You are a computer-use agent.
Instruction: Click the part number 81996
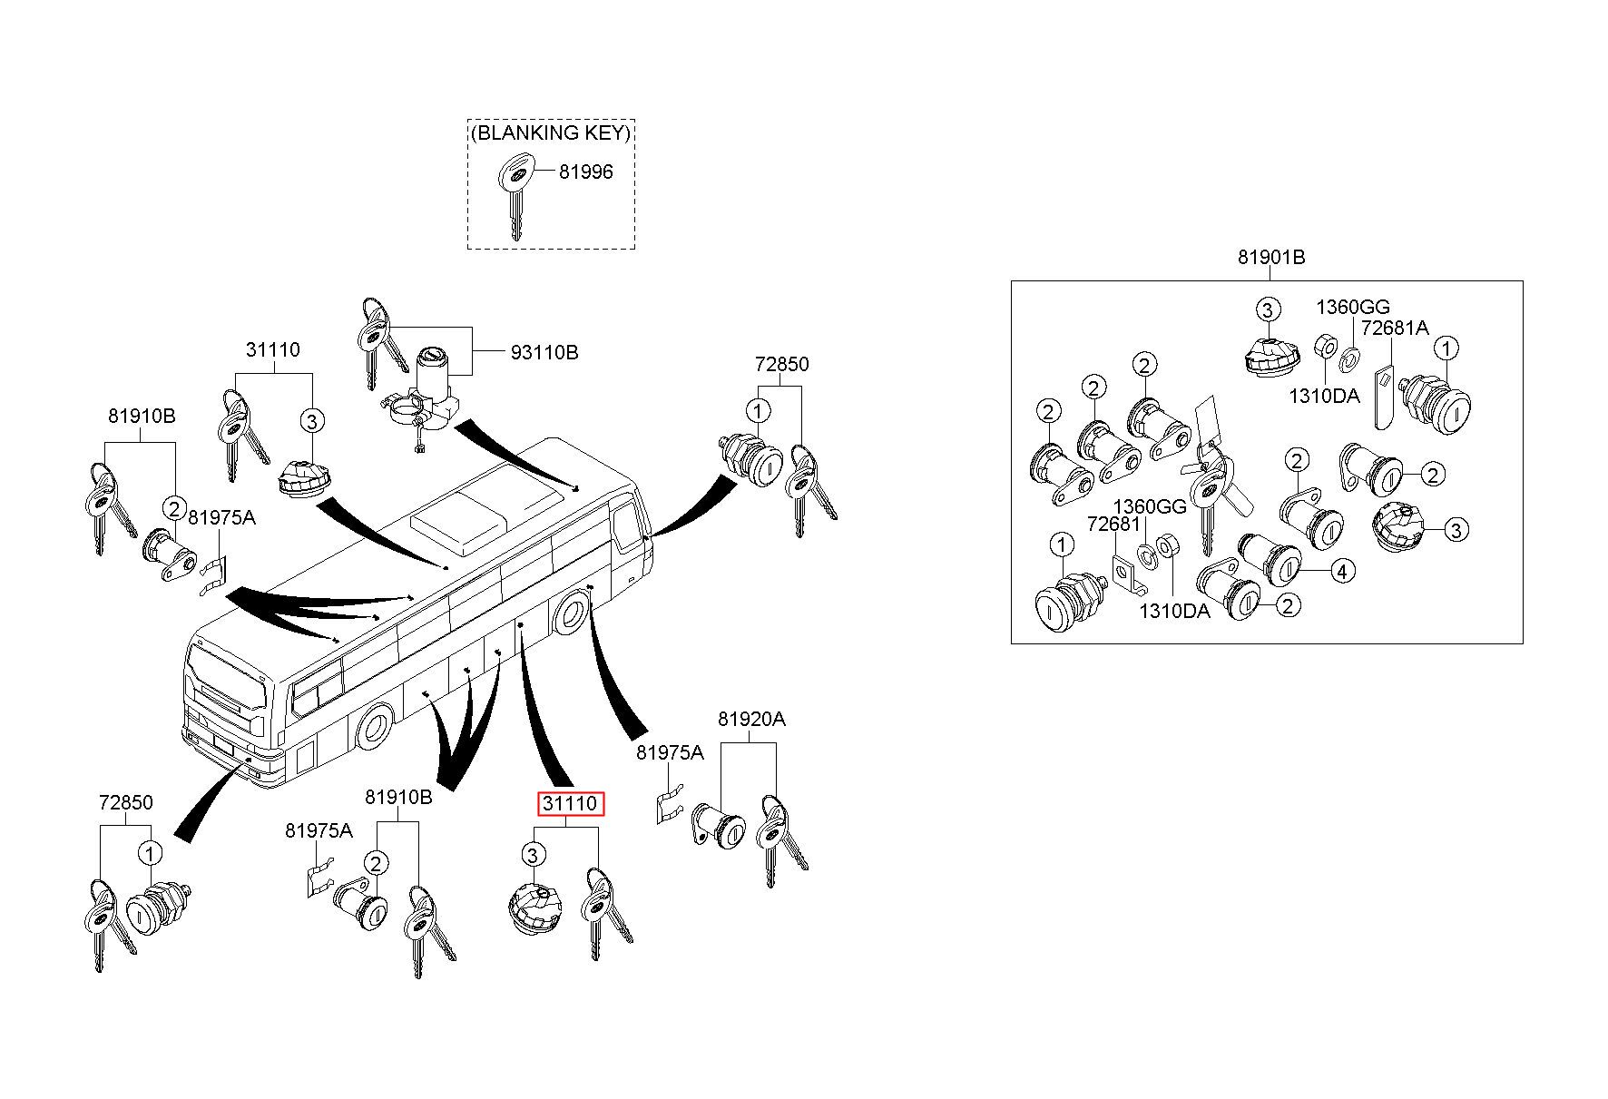pos(585,172)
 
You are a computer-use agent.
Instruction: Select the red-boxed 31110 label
pos(570,804)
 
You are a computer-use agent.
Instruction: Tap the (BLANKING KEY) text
pos(551,132)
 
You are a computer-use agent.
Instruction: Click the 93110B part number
pos(544,352)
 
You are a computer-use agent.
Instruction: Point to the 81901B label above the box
pos(1271,258)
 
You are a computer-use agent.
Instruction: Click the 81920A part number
pos(751,720)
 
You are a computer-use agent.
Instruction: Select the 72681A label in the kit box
pos(1395,328)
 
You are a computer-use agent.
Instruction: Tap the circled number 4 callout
pos(1342,571)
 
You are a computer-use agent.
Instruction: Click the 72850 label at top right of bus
pos(781,364)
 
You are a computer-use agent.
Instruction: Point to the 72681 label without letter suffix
pos(1113,524)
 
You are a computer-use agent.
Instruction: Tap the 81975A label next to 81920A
pos(670,752)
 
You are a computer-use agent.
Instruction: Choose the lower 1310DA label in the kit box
pos(1175,611)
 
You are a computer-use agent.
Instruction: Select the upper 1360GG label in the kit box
pos(1353,308)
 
